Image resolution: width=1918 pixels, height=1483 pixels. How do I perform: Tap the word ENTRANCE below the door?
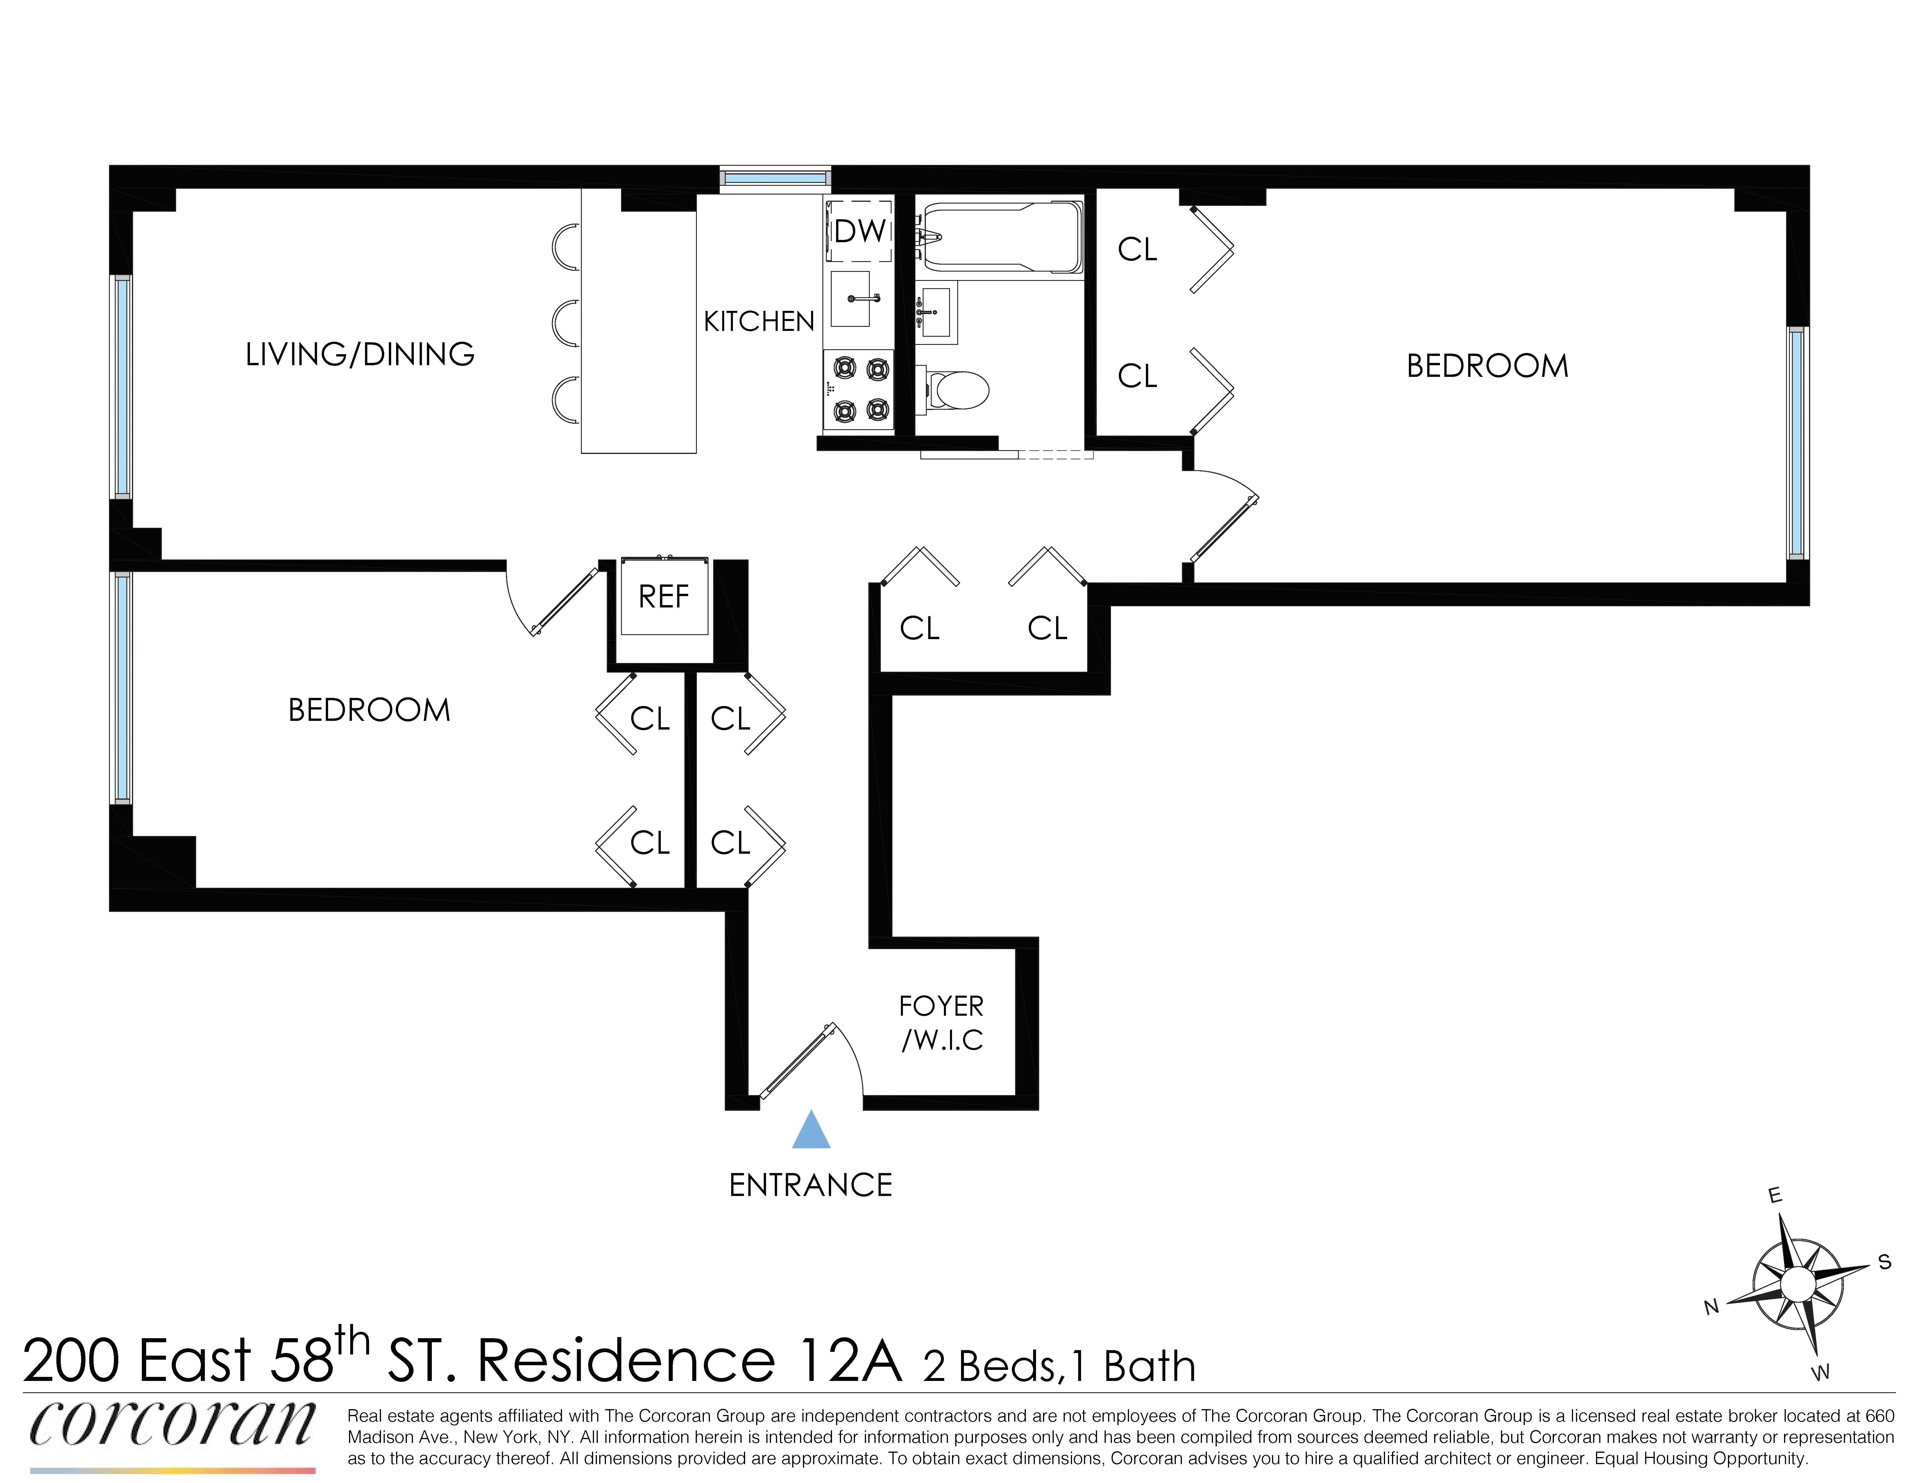pos(811,1185)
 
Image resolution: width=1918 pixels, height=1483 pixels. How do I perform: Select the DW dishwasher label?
pos(859,231)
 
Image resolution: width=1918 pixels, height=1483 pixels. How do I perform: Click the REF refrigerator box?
pos(664,596)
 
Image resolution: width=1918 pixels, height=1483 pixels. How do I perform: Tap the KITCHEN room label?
pos(759,322)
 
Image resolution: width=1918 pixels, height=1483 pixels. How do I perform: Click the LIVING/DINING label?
pos(360,354)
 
